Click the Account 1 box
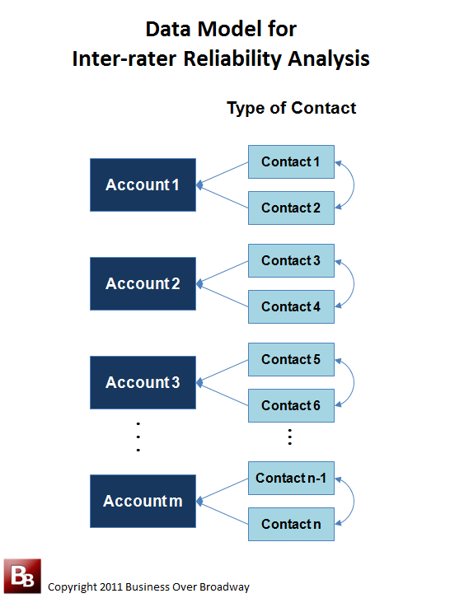pos(143,185)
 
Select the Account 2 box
pos(143,283)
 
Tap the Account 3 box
pos(143,382)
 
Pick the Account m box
pos(143,501)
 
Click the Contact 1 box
pos(291,161)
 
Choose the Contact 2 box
pos(291,208)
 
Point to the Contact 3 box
pos(291,260)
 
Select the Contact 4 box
pos(291,306)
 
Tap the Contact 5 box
pos(291,359)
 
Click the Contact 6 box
pos(291,405)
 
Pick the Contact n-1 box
pos(291,479)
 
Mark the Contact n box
pos(291,524)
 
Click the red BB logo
pos(22,576)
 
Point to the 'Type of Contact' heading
pos(292,108)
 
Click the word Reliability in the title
pos(232,59)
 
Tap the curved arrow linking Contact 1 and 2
pos(354,185)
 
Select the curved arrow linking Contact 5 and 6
pos(354,382)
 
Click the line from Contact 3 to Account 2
pos(223,273)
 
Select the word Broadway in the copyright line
pos(224,586)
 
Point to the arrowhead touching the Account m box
pos(199,501)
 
